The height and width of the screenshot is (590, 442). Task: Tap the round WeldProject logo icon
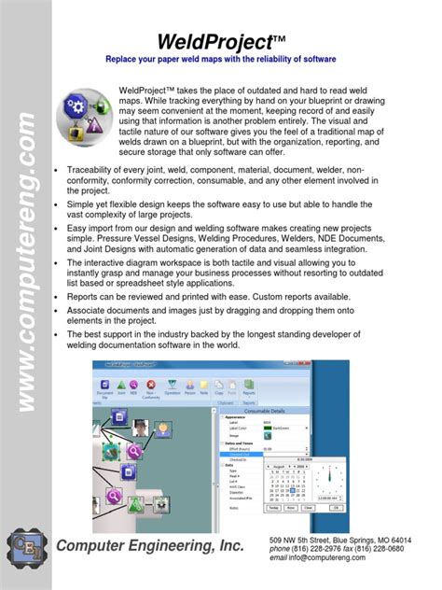89,113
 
